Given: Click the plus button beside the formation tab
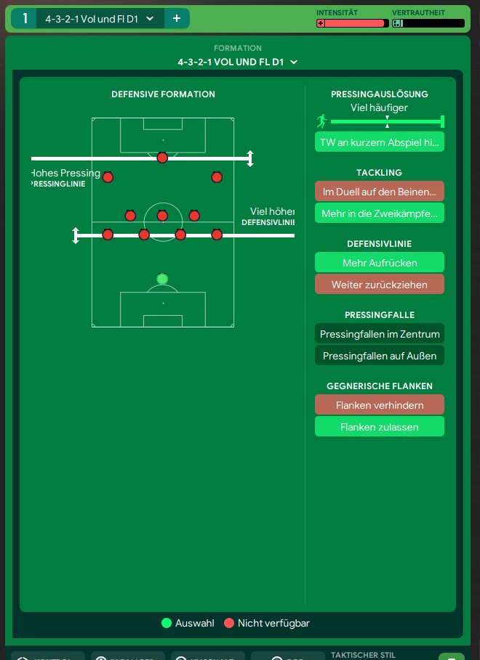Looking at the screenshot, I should coord(177,18).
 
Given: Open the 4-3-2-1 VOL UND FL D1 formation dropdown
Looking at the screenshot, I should coord(237,62).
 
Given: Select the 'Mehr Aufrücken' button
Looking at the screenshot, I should coord(379,262).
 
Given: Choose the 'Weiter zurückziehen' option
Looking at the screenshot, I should coord(379,284).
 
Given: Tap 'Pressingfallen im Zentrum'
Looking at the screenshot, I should coord(379,334).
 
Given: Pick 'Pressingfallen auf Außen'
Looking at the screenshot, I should coord(379,356).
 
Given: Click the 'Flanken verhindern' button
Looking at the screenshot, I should coord(379,405).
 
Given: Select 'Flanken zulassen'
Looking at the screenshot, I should coord(379,427).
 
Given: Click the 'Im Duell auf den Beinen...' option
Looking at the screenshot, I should coord(379,192).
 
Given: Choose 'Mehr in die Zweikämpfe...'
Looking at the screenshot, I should coord(379,213).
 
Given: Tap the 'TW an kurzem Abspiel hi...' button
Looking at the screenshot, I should coord(379,142).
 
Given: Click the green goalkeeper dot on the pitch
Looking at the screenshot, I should coord(162,279).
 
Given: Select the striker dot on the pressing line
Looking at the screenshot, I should coord(162,158).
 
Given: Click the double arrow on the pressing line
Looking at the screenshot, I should coord(250,158).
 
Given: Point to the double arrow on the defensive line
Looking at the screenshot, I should coord(76,235).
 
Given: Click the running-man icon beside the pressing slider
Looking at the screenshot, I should coord(321,121).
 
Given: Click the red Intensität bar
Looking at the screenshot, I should coord(353,23).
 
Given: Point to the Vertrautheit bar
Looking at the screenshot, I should coord(428,23).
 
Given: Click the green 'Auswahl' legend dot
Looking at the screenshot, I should coord(166,623).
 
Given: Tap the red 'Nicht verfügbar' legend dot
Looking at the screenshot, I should coord(228,623).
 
